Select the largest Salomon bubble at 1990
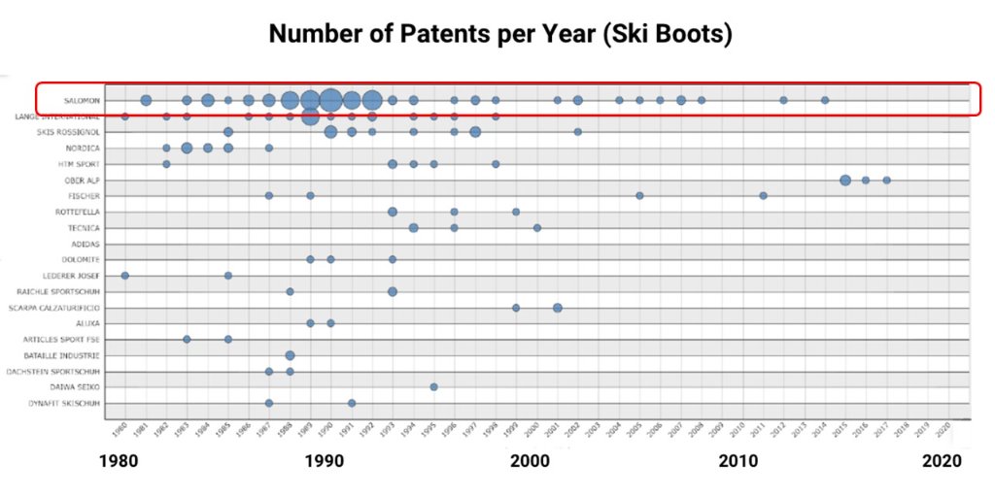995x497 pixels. coord(330,100)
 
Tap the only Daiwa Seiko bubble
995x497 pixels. coord(433,386)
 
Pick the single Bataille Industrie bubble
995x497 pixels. coord(290,355)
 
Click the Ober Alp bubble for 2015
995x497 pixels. coord(845,181)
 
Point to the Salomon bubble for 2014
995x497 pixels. coord(825,100)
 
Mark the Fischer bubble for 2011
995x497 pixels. coord(763,196)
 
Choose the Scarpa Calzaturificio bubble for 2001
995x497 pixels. coord(558,308)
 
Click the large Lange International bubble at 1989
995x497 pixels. coord(310,116)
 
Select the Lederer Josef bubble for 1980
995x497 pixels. coord(124,276)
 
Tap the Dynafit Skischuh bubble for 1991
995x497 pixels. coord(352,403)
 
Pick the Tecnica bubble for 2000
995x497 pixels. coord(536,228)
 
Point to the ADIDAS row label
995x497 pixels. coord(85,244)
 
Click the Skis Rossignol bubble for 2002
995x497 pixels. coord(577,132)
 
